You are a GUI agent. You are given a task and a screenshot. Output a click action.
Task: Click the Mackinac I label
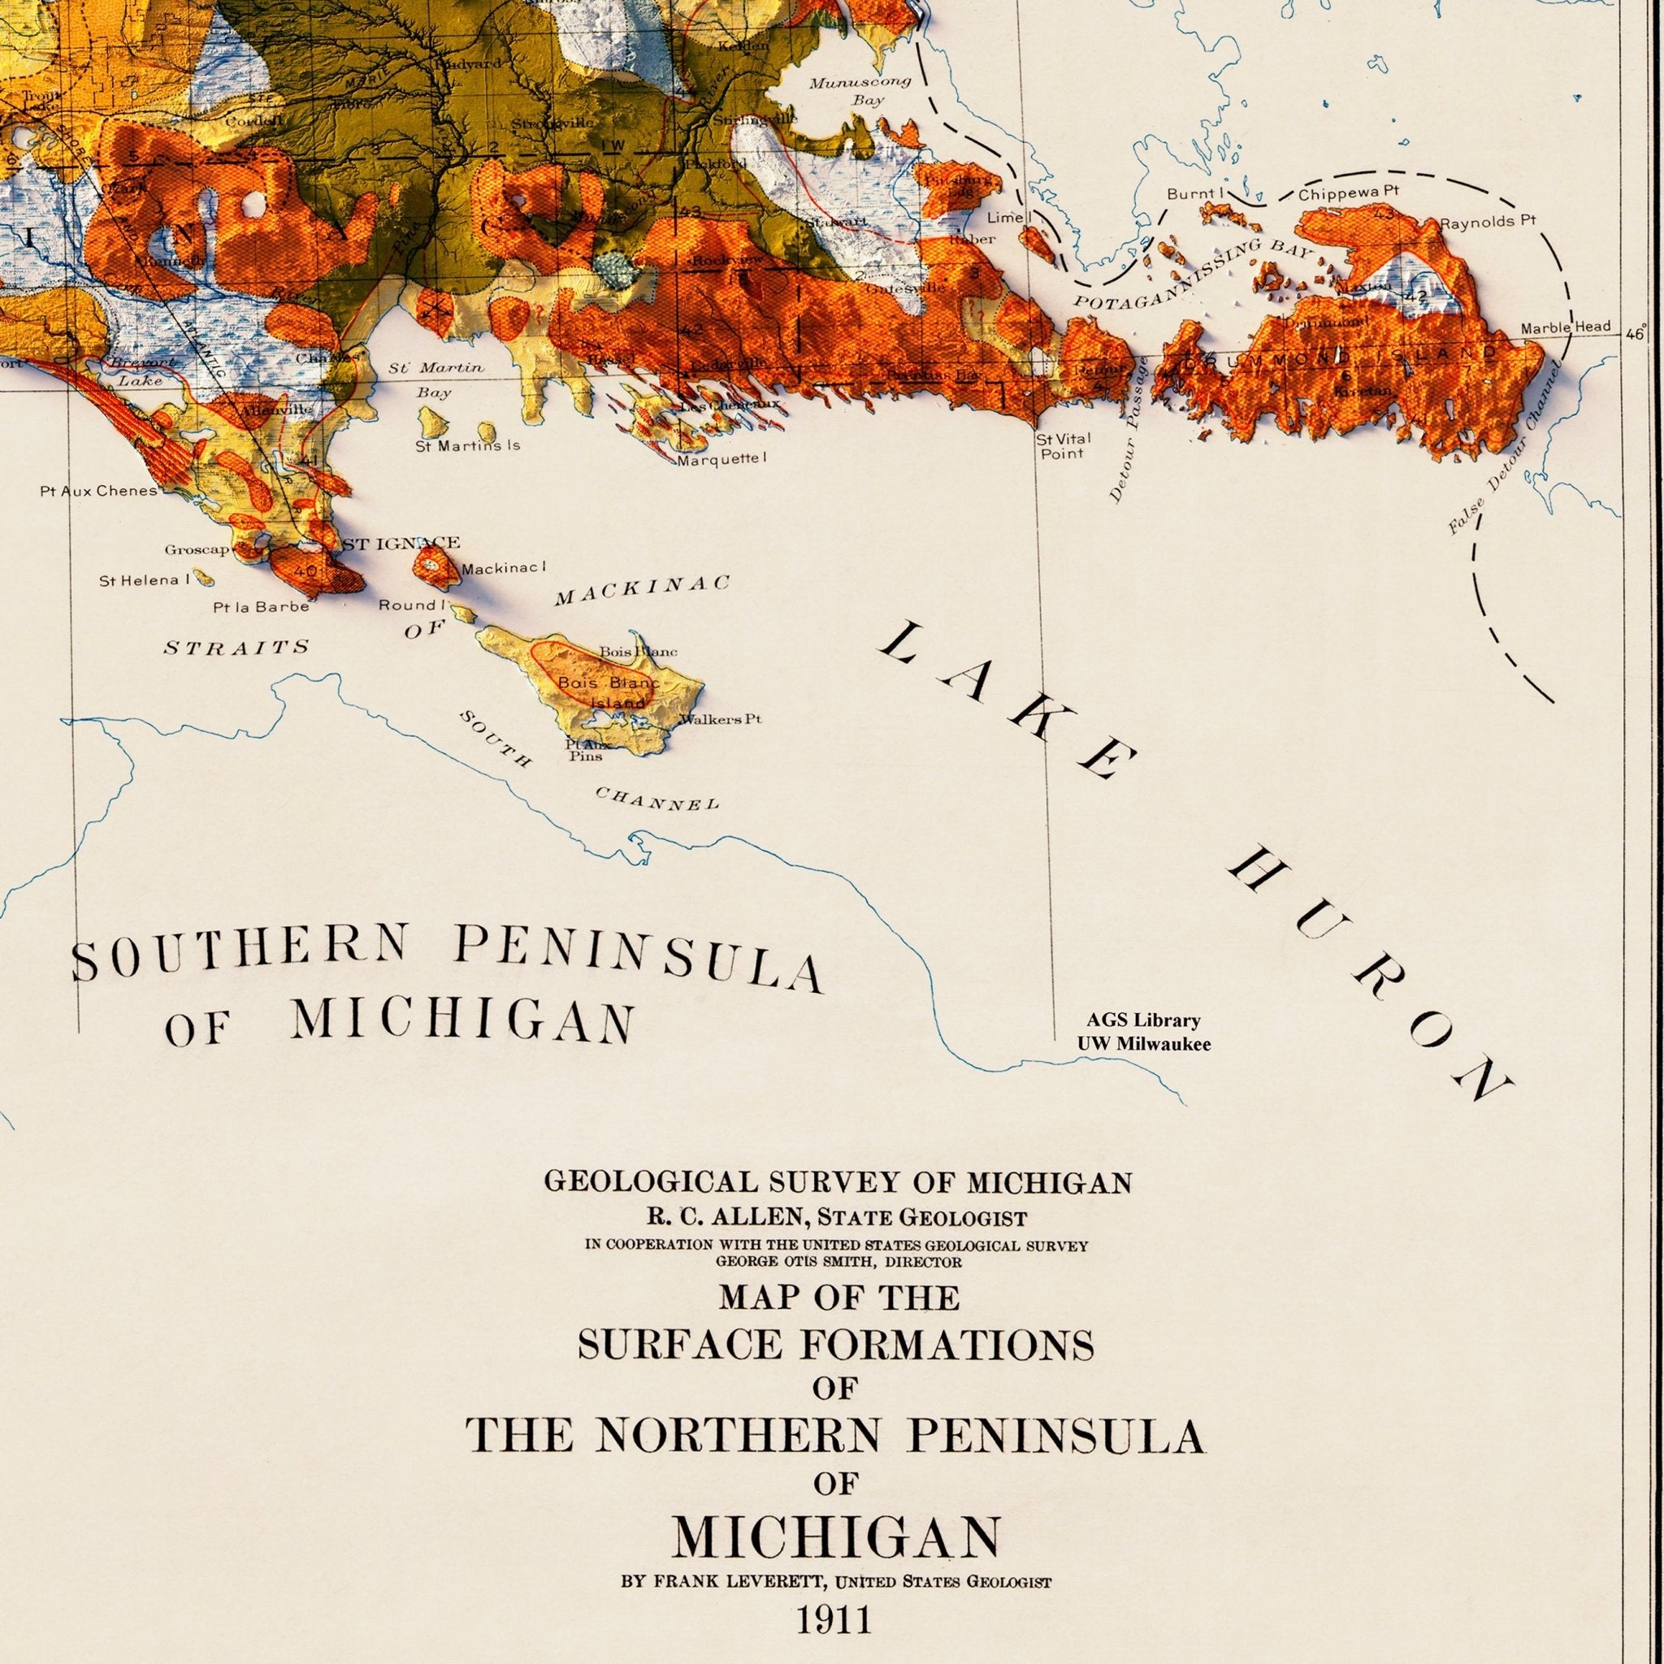point(504,569)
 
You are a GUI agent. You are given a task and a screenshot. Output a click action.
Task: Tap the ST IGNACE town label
point(401,544)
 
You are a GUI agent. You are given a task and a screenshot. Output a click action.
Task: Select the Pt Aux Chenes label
point(98,491)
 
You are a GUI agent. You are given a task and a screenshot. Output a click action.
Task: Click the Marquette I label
point(720,459)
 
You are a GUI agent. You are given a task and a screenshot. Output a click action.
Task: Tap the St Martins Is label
point(468,446)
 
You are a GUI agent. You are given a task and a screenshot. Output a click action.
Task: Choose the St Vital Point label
point(1063,445)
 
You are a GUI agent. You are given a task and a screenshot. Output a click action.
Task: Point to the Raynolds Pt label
point(1488,221)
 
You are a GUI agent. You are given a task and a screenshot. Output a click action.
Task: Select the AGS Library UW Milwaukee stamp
point(1143,1032)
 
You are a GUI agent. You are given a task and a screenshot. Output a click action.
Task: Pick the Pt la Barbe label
point(261,606)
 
